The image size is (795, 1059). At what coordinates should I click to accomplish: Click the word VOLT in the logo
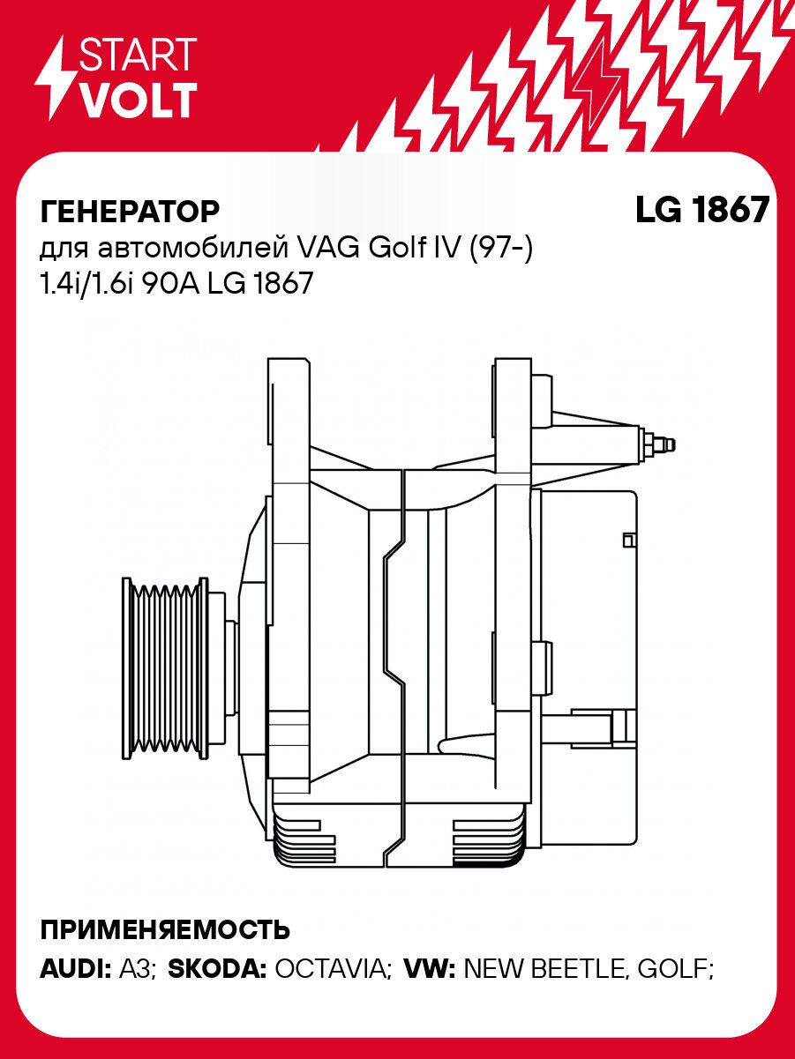coord(138,101)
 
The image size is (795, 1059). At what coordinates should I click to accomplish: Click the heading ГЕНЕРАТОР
coord(130,213)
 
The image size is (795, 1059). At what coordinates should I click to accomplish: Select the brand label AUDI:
coord(75,970)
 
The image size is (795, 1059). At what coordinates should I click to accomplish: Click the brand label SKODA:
coord(217,970)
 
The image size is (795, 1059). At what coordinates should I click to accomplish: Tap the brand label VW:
coord(429,970)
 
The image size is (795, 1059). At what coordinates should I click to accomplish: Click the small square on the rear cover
coord(629,540)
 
